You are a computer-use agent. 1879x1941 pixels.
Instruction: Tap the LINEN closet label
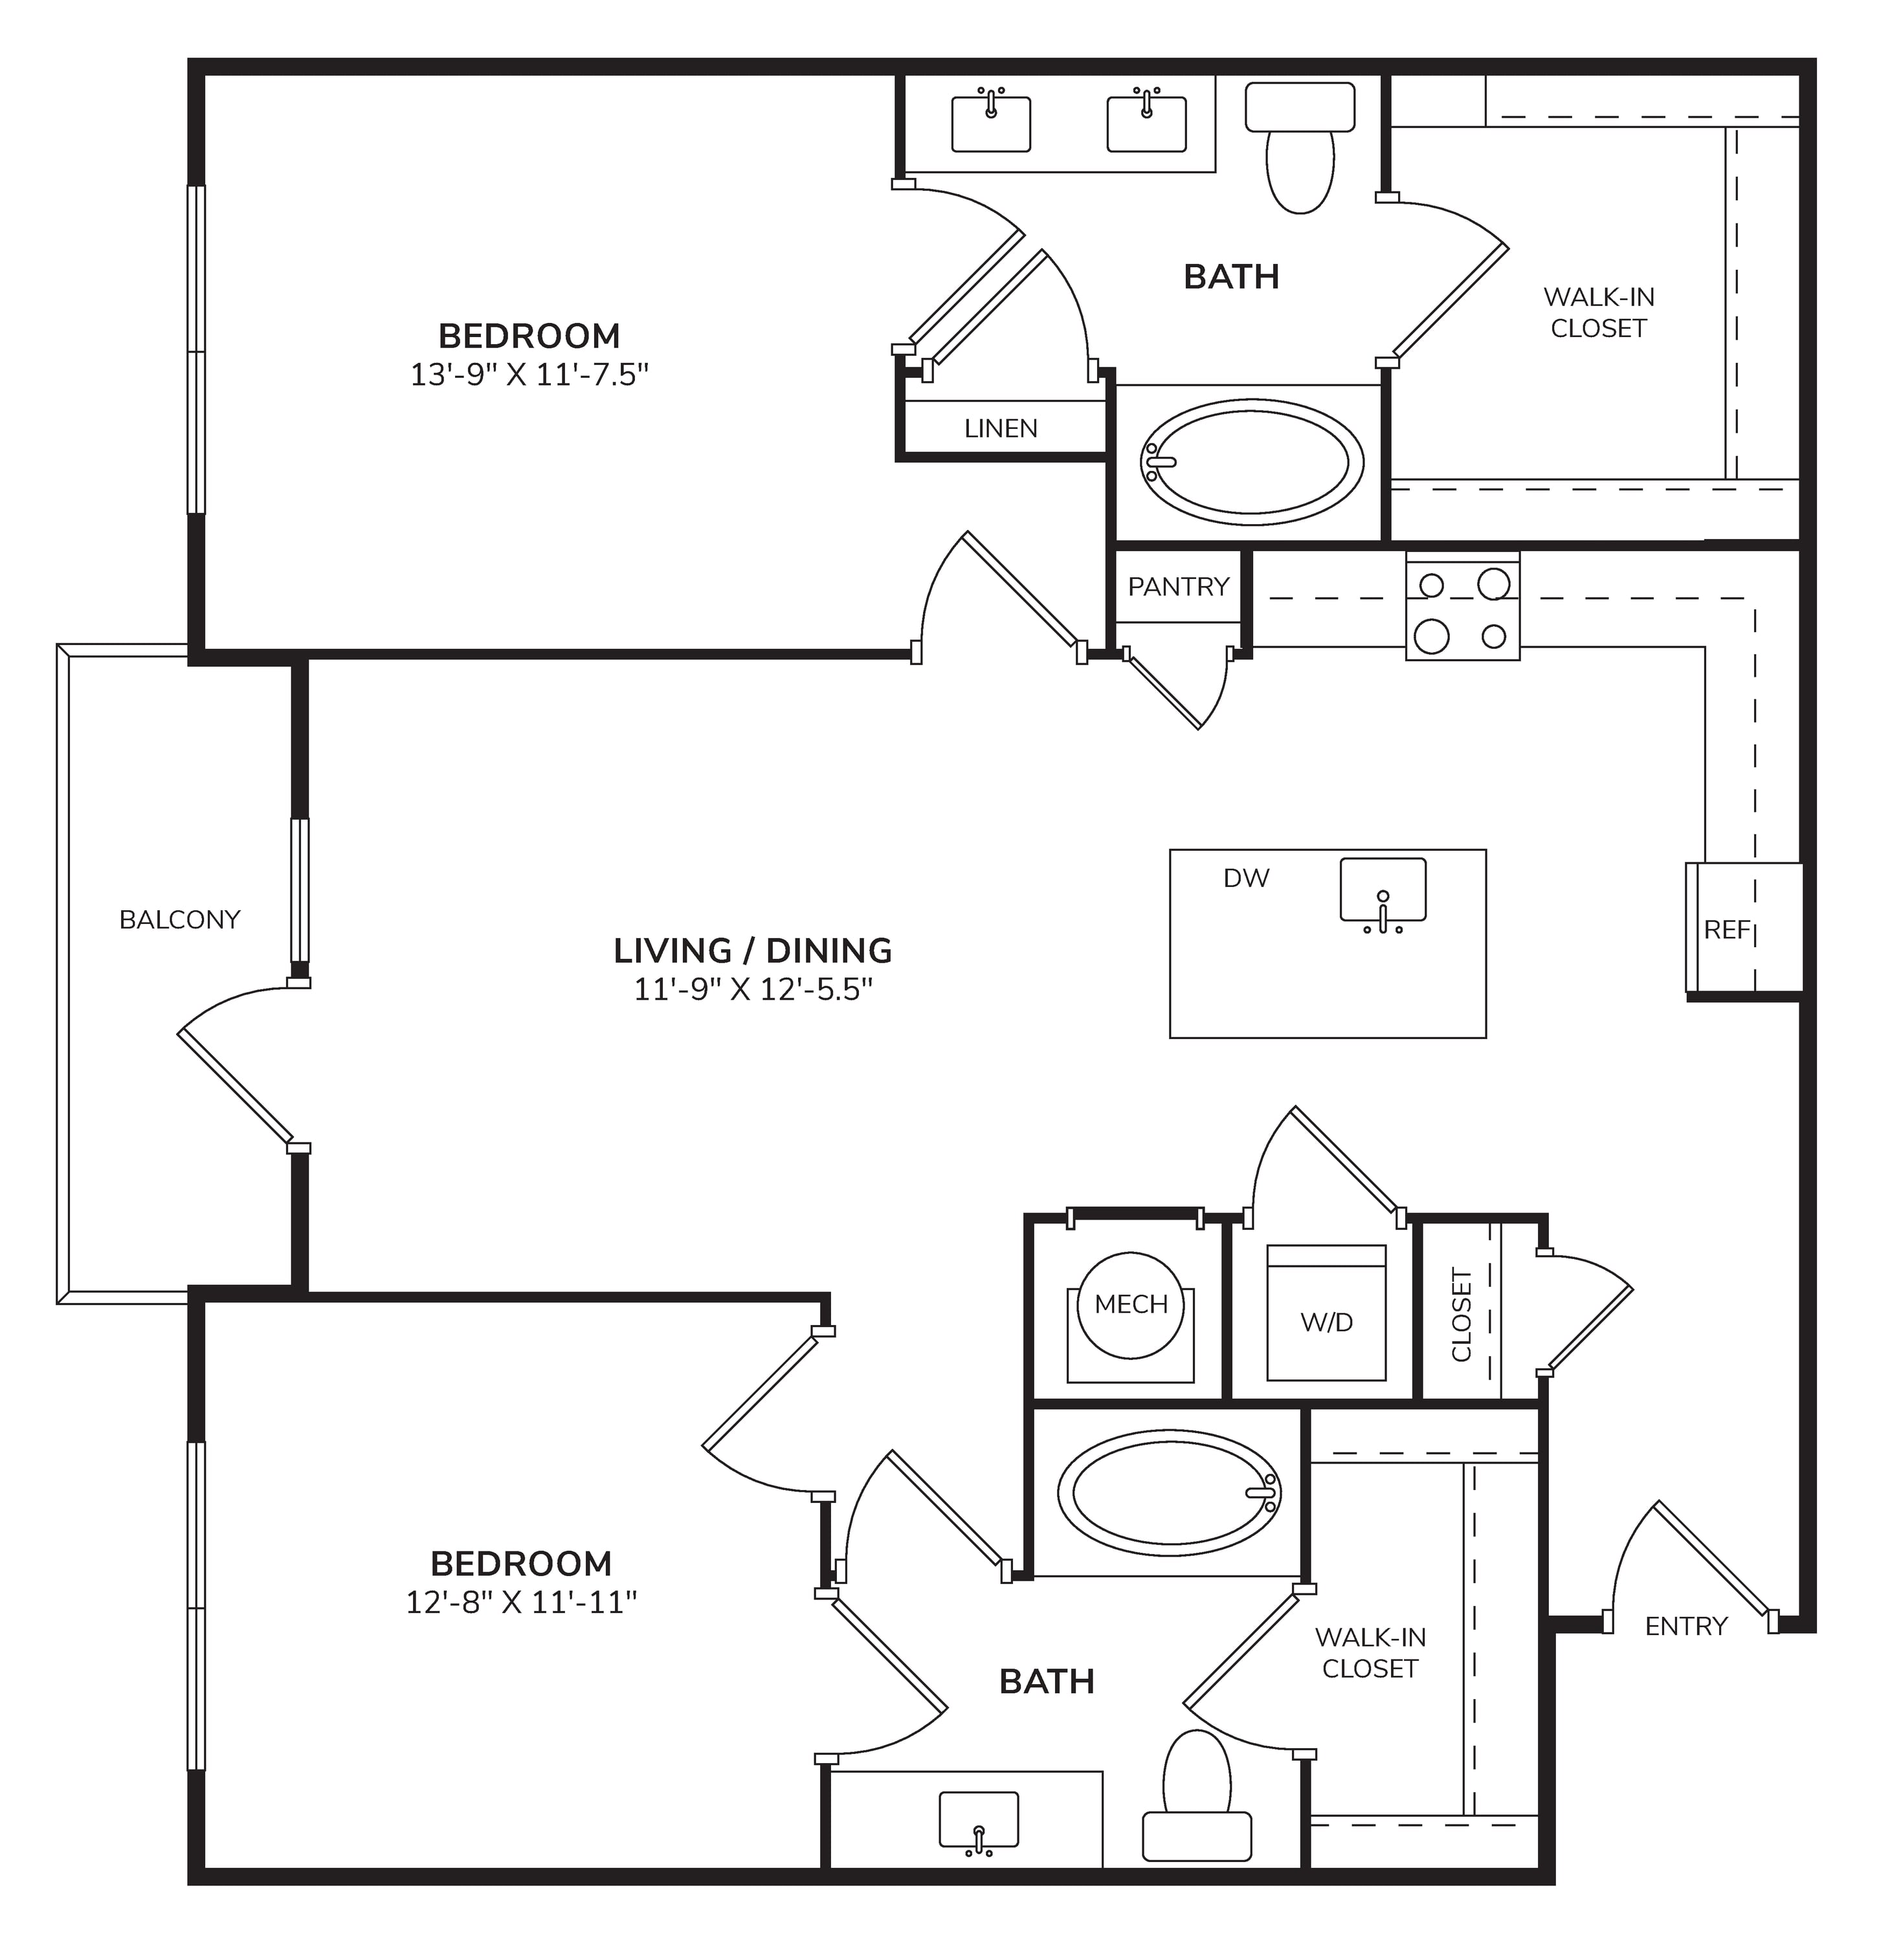click(1001, 429)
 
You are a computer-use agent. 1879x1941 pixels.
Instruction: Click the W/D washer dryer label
click(1326, 1322)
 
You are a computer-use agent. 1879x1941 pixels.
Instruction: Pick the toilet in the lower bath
click(1197, 1797)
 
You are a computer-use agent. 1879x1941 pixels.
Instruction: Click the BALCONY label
click(179, 920)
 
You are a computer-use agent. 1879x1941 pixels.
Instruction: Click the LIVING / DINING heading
click(753, 950)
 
